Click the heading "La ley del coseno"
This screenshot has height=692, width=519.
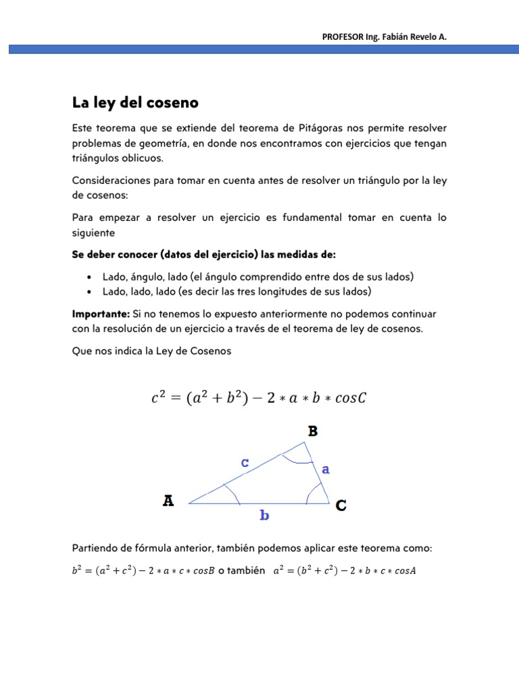point(135,103)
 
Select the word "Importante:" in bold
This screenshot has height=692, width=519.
point(101,314)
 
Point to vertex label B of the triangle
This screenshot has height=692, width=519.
point(313,431)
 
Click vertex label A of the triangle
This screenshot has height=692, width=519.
point(168,501)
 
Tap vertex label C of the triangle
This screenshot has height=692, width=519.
point(341,505)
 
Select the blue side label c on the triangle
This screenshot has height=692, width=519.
point(245,463)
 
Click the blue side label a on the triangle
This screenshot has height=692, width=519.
point(326,469)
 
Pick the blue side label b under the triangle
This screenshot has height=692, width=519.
point(265,516)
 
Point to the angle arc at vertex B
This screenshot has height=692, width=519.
point(297,461)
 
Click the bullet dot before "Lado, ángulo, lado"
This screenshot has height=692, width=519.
point(90,278)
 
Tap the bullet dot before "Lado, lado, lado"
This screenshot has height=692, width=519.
point(90,292)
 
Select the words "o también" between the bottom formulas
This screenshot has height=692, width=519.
point(241,570)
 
